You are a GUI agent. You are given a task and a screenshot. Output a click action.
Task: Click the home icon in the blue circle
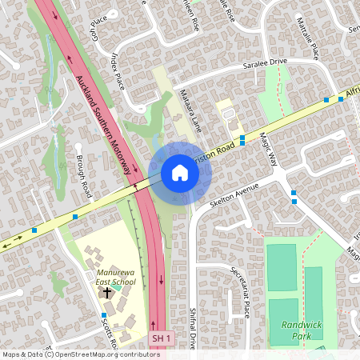tap(179, 173)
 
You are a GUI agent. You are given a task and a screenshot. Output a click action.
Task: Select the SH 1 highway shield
tap(162, 339)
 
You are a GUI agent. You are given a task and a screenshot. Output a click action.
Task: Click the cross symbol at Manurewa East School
tap(107, 293)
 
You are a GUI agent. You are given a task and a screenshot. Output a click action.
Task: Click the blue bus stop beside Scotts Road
tap(104, 316)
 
